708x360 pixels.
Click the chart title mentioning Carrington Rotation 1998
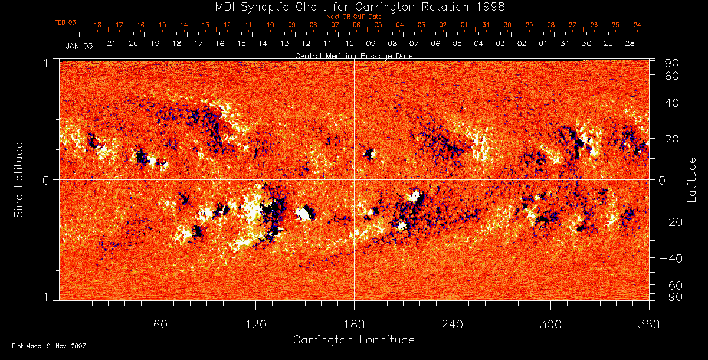tap(353, 6)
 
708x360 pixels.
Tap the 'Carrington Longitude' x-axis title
tap(353, 340)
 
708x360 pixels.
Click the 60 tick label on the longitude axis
tap(158, 324)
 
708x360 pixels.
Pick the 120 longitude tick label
tap(255, 324)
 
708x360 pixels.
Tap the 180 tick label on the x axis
tap(354, 324)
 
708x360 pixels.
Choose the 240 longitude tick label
tap(452, 324)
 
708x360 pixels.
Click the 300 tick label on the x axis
tap(550, 324)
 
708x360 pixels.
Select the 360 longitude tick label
tap(648, 324)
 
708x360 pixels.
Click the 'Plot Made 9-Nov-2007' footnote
tap(49, 346)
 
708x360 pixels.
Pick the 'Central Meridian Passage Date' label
tap(353, 55)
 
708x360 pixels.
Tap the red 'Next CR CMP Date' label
tap(353, 17)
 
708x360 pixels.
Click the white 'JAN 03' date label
tap(79, 45)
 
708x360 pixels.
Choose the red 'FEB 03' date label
tap(65, 22)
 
